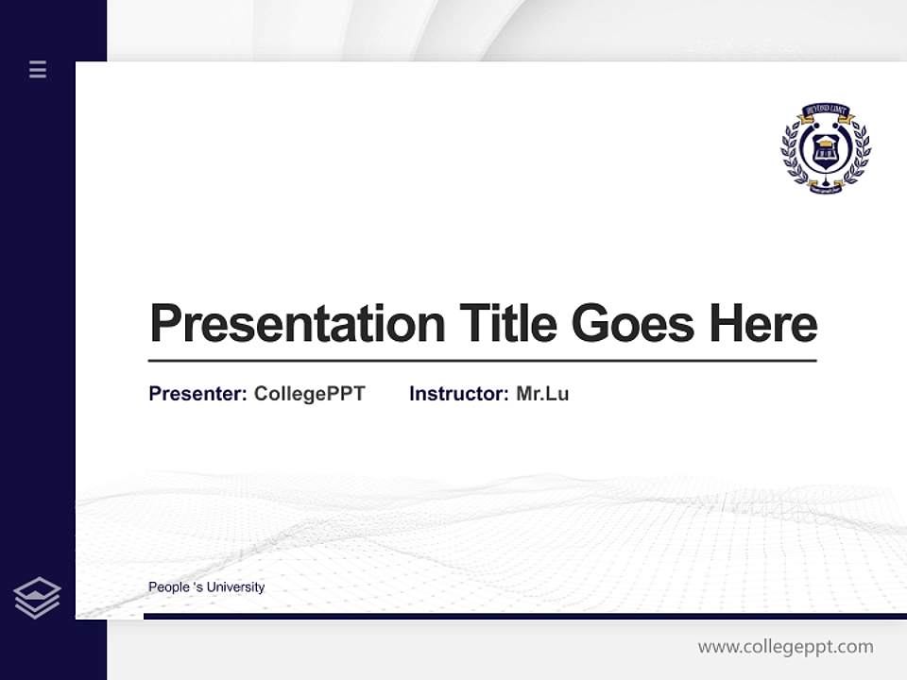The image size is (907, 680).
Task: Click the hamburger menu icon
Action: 38,69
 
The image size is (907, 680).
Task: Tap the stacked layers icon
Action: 37,598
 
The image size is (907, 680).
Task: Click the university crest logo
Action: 825,148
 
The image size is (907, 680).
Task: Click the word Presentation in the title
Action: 297,324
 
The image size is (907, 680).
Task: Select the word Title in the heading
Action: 508,324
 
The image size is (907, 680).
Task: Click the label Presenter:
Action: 197,394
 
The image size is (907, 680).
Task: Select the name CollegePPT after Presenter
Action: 309,394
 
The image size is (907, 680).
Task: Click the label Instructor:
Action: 458,394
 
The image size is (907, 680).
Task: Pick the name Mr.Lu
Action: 542,394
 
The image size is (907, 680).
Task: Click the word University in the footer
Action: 235,587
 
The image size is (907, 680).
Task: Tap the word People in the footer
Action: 169,587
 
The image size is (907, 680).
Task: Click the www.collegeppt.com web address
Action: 785,647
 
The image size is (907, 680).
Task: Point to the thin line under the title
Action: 482,361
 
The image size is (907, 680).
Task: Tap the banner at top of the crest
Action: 826,110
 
